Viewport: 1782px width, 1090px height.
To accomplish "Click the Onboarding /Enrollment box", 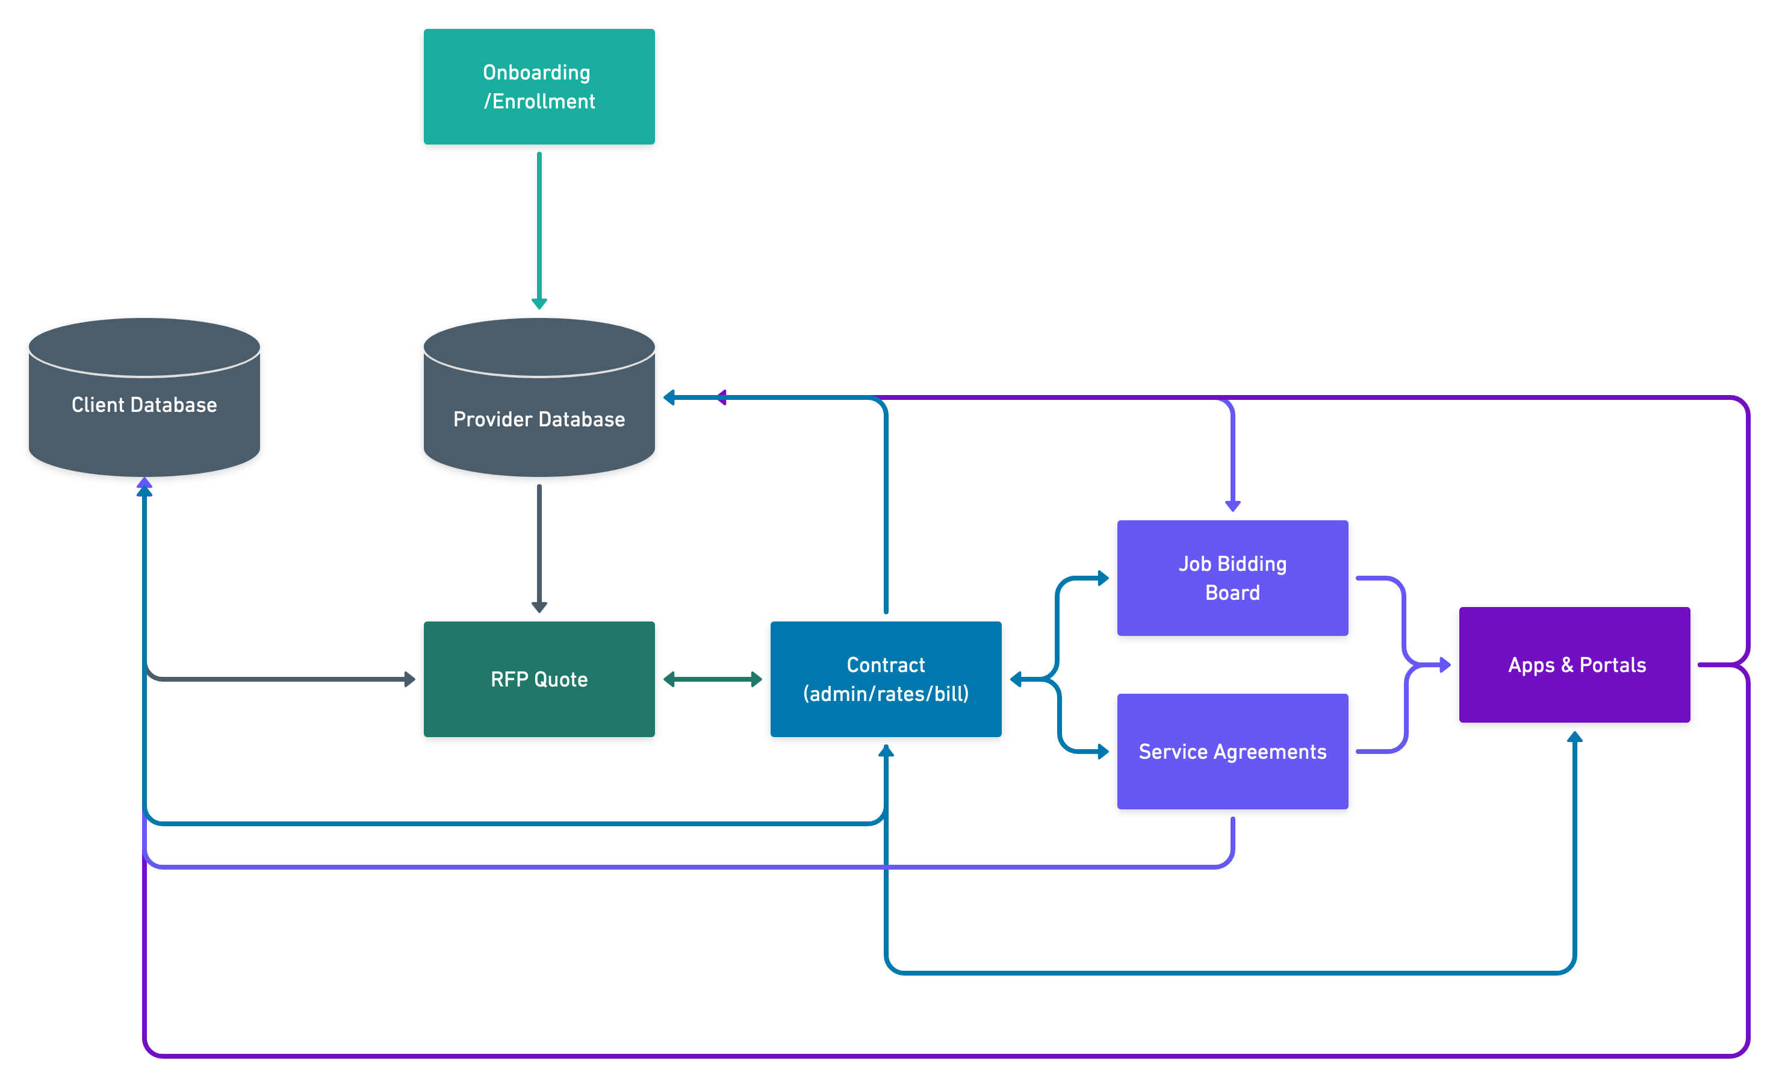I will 539,87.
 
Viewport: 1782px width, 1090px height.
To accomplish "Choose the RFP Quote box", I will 539,679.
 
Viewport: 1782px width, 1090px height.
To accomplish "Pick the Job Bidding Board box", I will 1232,578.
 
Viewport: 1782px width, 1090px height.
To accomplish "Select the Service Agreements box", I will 1232,752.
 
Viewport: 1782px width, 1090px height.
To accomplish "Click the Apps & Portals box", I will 1574,665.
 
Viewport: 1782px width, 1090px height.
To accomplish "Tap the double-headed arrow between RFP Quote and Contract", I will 712,679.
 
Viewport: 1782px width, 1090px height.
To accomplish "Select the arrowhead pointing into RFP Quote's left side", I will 409,679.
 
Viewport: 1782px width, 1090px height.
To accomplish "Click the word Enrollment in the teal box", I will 543,102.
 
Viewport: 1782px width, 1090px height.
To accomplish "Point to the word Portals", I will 1612,665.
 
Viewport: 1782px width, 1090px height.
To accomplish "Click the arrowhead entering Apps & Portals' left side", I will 1444,665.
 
